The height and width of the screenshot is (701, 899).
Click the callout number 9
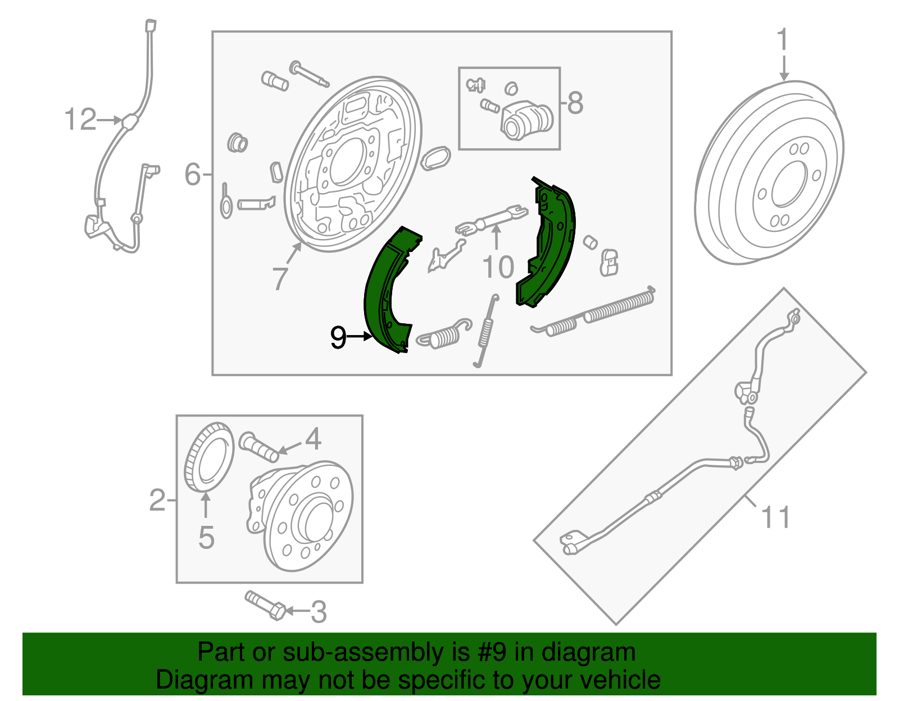click(338, 337)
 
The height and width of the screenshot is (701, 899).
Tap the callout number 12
click(80, 120)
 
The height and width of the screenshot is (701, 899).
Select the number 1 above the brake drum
click(783, 40)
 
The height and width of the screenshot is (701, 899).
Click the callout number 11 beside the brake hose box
click(776, 517)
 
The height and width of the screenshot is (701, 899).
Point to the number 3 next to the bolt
click(319, 612)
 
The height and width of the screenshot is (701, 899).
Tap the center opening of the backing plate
click(349, 161)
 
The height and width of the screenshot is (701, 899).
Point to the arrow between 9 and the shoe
click(360, 337)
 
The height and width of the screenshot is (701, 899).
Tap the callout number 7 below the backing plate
click(280, 278)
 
